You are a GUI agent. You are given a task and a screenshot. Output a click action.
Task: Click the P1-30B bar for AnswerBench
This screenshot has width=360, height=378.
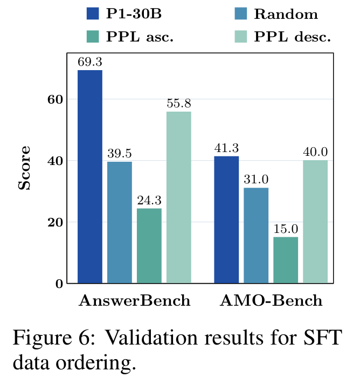(x=90, y=176)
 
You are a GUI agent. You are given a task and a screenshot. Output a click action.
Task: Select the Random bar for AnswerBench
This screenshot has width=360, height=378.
(x=120, y=222)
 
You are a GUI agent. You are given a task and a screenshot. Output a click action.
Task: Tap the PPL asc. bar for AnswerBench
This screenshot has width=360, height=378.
(x=149, y=246)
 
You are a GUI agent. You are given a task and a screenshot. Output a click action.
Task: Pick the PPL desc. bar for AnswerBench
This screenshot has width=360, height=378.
(x=179, y=197)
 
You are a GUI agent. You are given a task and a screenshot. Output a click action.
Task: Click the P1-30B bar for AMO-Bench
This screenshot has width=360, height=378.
(x=226, y=219)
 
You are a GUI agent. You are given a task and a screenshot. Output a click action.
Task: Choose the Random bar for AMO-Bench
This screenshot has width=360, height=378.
(x=256, y=235)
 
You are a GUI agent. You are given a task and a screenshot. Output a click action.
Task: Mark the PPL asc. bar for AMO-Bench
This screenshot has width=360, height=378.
(x=286, y=260)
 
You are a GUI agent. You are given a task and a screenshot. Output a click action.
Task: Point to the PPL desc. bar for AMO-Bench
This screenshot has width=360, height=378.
(x=315, y=222)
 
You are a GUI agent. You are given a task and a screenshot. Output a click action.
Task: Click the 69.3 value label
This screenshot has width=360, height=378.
(x=90, y=62)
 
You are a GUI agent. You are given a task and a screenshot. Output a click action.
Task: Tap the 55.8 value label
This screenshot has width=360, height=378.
(x=179, y=104)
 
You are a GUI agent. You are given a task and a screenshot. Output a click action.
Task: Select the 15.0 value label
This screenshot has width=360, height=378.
(x=286, y=229)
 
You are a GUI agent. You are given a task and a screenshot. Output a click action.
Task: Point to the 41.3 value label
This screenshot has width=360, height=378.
(x=226, y=148)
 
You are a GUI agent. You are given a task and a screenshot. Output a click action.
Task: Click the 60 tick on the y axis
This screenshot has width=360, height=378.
(x=55, y=99)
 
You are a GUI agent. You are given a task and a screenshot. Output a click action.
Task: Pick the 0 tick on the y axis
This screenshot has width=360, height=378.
(x=59, y=284)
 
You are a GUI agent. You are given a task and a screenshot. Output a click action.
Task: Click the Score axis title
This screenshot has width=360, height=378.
(x=24, y=168)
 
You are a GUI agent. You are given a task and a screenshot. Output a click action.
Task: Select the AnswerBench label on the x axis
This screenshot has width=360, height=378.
(x=134, y=300)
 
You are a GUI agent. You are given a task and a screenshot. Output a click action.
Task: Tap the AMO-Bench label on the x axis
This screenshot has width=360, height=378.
(x=271, y=300)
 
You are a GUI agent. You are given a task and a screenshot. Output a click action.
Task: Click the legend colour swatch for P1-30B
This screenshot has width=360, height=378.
(x=93, y=13)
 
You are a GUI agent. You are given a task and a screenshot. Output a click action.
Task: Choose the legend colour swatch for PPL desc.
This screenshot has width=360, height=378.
(x=241, y=37)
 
